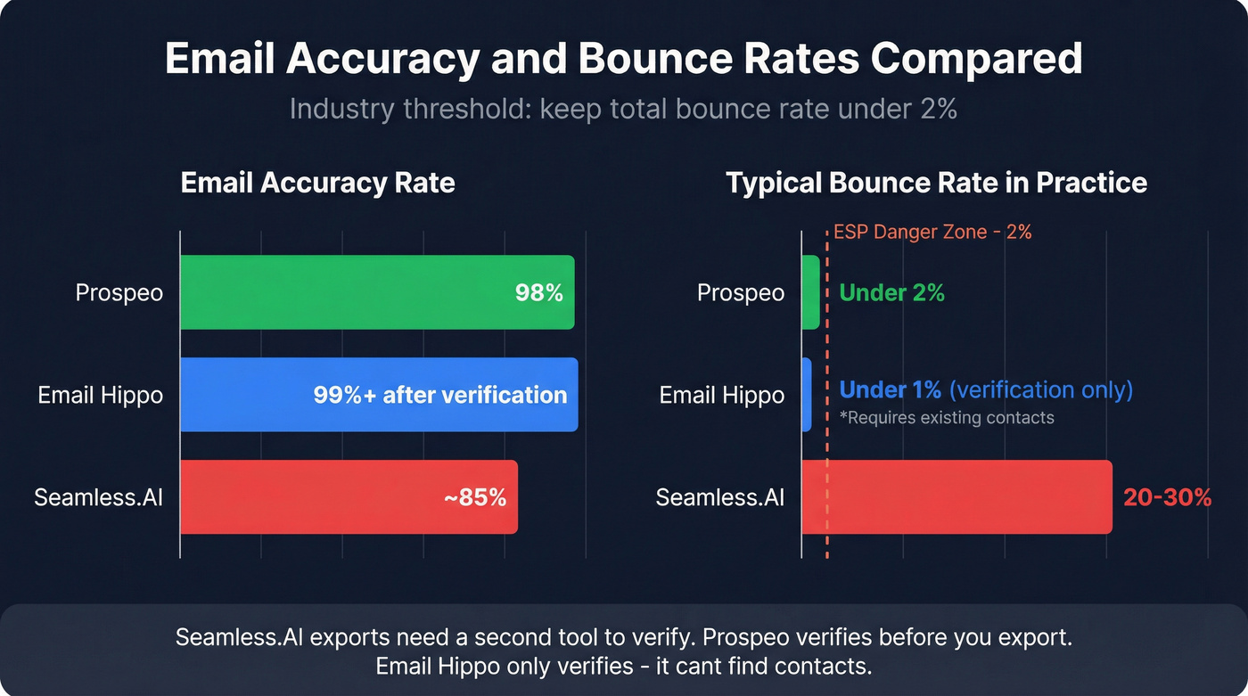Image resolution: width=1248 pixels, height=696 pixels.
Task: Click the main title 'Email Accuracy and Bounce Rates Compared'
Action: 623,59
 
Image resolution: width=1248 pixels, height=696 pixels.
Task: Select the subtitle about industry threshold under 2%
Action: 623,109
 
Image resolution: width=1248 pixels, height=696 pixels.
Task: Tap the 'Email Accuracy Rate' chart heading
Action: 317,183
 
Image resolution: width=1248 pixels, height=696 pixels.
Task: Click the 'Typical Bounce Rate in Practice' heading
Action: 936,183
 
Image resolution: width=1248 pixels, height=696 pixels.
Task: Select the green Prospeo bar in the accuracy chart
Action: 357,292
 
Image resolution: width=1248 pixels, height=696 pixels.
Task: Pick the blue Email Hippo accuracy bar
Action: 241,395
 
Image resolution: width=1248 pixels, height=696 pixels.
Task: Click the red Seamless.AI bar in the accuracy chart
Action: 312,497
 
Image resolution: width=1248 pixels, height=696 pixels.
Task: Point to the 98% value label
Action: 539,292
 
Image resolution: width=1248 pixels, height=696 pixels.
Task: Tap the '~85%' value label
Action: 475,497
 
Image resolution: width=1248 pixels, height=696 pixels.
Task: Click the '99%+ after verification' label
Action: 440,395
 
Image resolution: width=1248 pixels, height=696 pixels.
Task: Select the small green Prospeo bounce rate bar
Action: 810,292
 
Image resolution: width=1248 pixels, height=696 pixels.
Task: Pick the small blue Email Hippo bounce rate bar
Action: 807,395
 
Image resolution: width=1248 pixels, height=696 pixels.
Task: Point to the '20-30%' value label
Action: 1167,497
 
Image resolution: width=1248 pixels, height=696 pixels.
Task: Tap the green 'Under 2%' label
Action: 892,292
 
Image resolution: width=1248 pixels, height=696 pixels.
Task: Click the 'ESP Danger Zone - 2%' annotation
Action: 932,233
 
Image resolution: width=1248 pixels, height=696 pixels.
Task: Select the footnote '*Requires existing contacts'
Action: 948,418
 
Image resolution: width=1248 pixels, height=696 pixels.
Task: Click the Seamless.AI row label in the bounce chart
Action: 720,497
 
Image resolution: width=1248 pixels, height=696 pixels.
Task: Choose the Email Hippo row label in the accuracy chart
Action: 101,395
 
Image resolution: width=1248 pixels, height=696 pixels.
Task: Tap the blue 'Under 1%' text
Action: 891,390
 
